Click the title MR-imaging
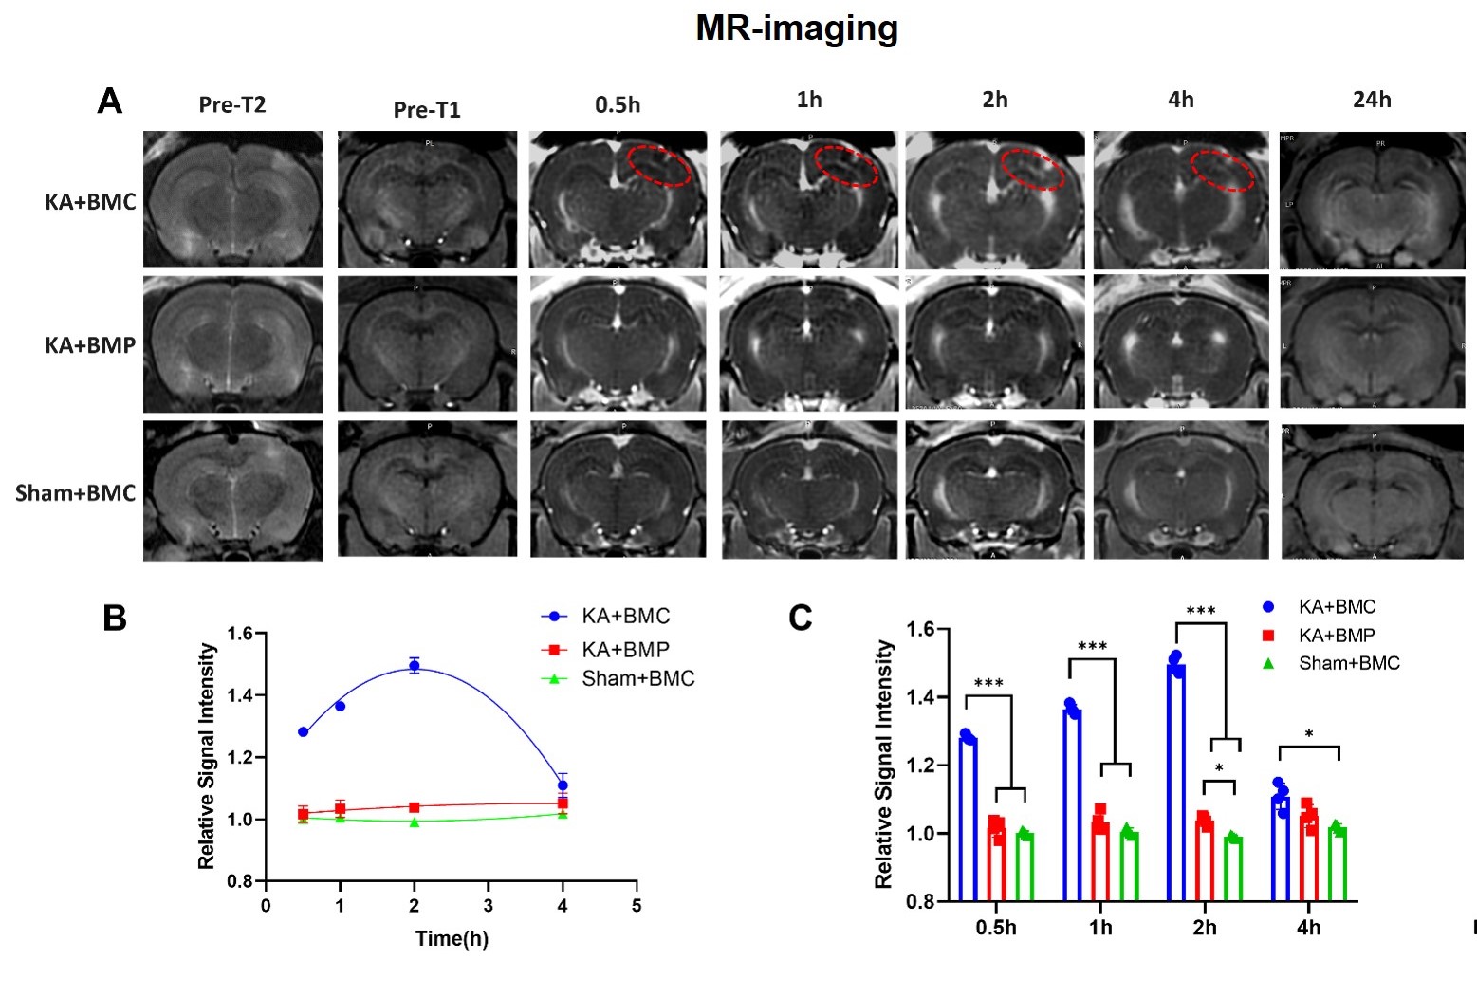tap(797, 28)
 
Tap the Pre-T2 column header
tap(232, 105)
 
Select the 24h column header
tap(1372, 100)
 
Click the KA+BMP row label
tap(90, 345)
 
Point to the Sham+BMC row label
tap(76, 493)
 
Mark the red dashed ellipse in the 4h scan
tap(1223, 171)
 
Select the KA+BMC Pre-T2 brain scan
tap(233, 199)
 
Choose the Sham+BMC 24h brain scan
tap(1372, 491)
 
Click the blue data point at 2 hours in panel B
tap(415, 666)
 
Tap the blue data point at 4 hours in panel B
tap(563, 785)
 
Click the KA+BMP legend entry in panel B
tap(624, 650)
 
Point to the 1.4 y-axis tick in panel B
tap(242, 695)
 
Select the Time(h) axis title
tap(452, 939)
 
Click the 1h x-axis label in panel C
tap(1100, 928)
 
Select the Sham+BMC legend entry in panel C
tap(1348, 664)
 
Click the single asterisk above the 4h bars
tap(1309, 734)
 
